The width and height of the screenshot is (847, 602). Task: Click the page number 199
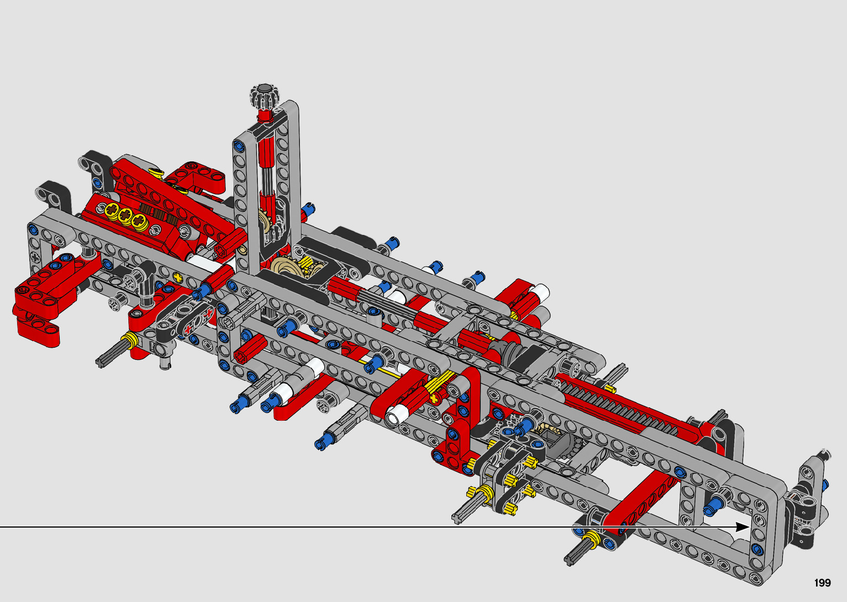823,583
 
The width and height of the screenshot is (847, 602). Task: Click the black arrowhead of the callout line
742,527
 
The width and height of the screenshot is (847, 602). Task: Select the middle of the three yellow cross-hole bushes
125,214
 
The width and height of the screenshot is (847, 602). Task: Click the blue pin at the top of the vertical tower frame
238,145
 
